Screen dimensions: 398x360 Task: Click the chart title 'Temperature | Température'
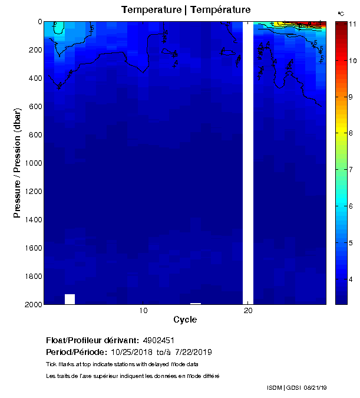(x=186, y=10)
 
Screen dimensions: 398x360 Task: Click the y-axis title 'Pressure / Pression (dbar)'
(x=17, y=163)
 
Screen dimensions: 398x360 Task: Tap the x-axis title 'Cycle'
(x=185, y=320)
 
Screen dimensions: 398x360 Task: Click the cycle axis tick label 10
(x=143, y=311)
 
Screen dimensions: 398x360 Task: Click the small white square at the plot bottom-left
(x=70, y=299)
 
